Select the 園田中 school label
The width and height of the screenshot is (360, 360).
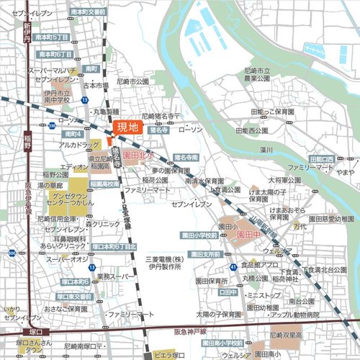click(x=247, y=235)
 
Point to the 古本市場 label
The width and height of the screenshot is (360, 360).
click(x=96, y=85)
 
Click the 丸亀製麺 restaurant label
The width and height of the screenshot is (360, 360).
click(x=110, y=112)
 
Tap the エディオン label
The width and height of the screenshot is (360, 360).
click(x=74, y=167)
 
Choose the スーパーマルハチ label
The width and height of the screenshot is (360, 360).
click(x=53, y=69)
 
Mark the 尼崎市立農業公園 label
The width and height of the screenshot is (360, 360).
click(x=258, y=75)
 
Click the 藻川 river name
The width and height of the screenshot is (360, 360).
click(x=266, y=150)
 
